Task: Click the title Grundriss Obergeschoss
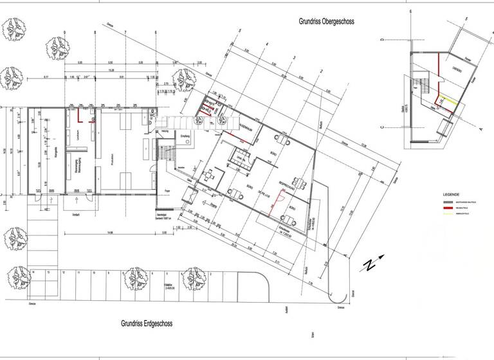click(x=326, y=21)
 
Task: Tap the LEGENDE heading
click(x=451, y=194)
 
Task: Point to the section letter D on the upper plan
click(x=381, y=40)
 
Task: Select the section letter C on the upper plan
click(x=382, y=127)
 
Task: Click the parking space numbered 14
click(x=33, y=273)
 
